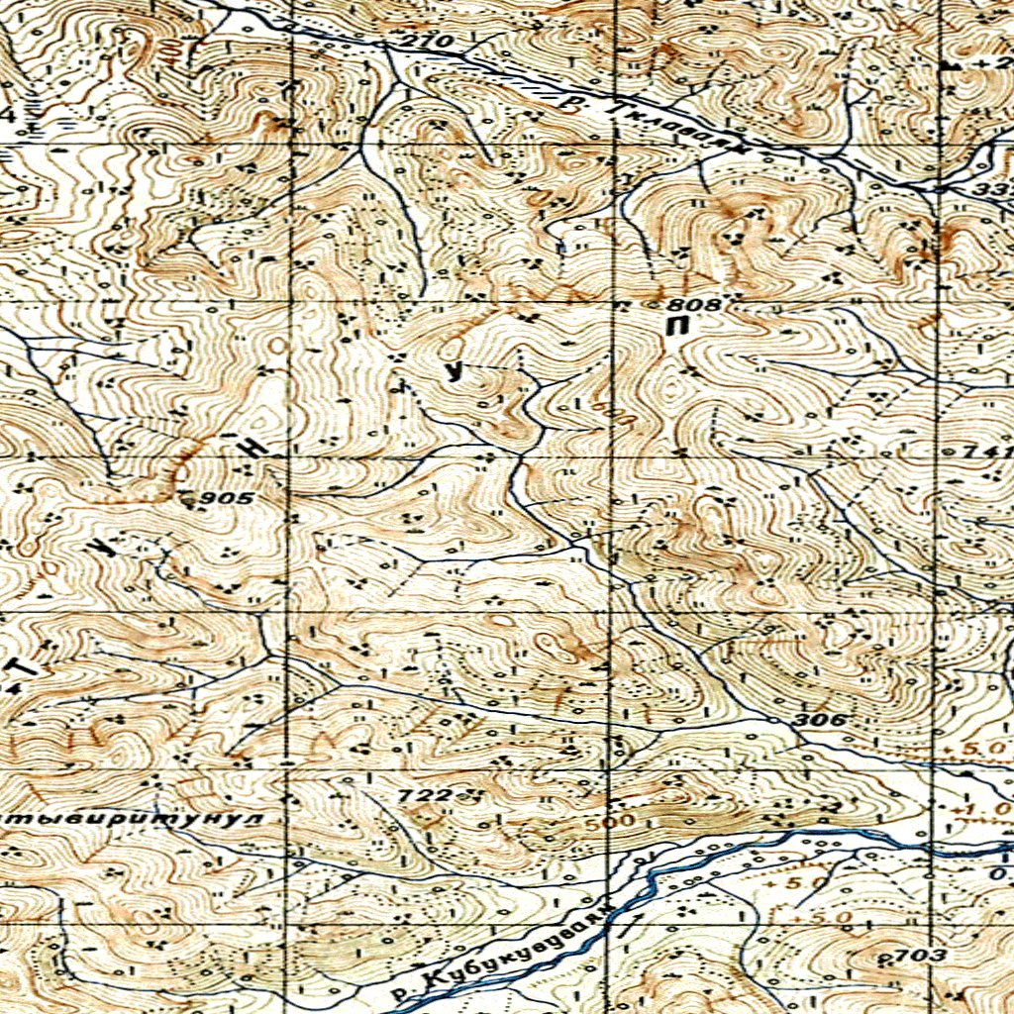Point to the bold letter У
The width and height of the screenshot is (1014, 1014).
[x=454, y=372]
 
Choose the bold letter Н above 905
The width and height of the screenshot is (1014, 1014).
[x=253, y=447]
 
